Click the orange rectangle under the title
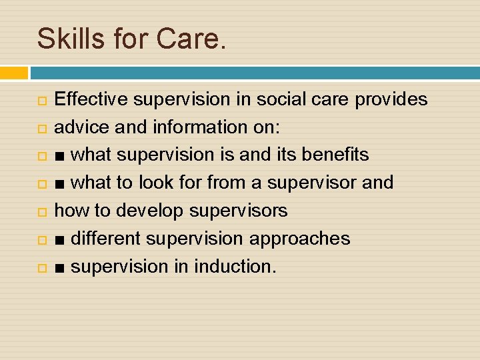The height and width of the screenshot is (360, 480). [14, 73]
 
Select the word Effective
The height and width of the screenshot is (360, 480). [91, 99]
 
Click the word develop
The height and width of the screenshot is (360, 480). [151, 211]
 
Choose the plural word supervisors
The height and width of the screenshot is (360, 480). [239, 211]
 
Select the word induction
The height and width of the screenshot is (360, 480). [233, 267]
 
